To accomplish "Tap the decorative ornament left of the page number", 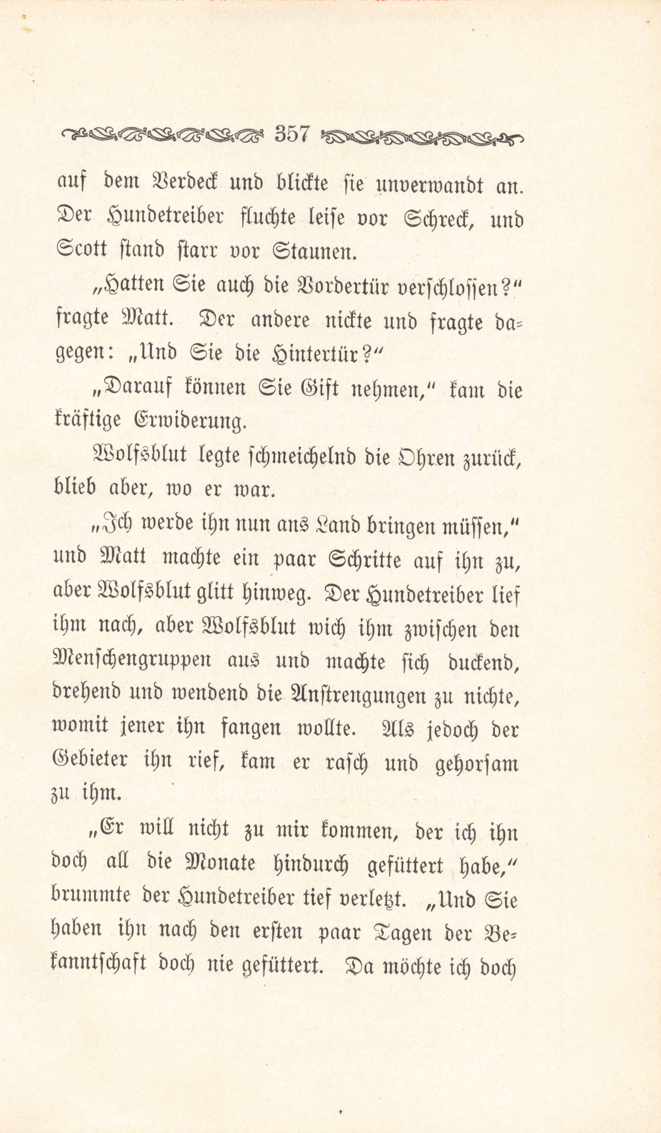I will coord(162,134).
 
